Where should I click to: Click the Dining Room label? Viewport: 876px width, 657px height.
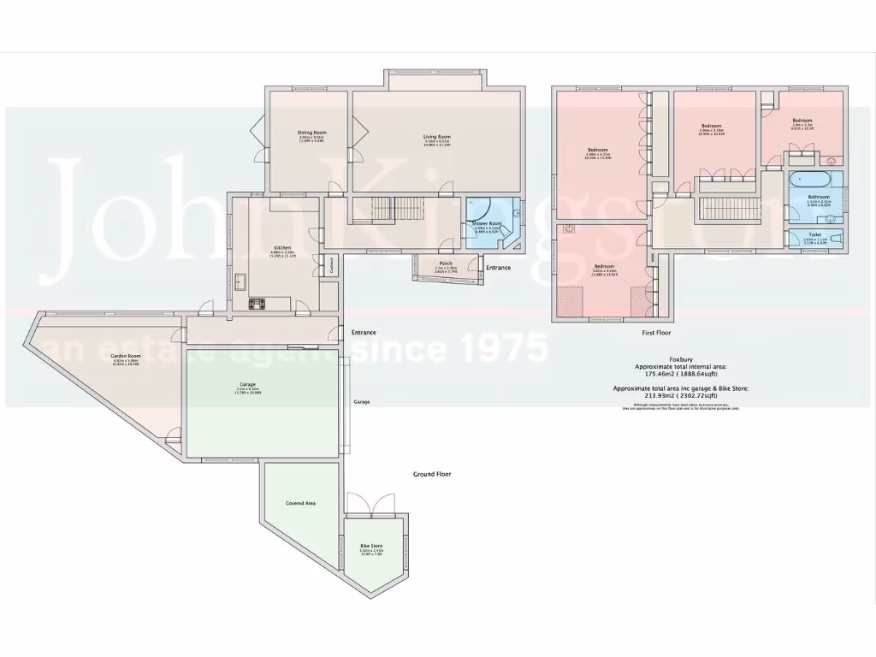[x=312, y=133]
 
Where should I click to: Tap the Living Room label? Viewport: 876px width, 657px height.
[x=436, y=137]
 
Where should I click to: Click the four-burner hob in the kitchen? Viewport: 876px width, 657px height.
[x=257, y=303]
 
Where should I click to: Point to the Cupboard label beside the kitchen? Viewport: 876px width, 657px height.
[x=330, y=266]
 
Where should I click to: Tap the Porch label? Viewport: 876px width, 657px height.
[x=446, y=263]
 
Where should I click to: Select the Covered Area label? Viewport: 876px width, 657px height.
[x=300, y=503]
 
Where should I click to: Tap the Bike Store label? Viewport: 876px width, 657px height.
[x=371, y=545]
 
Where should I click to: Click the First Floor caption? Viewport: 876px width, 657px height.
[x=657, y=331]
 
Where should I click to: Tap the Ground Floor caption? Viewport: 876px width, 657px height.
[x=432, y=474]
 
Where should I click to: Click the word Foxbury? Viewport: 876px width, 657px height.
[x=681, y=359]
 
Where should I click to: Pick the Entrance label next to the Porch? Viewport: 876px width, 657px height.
[x=498, y=268]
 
